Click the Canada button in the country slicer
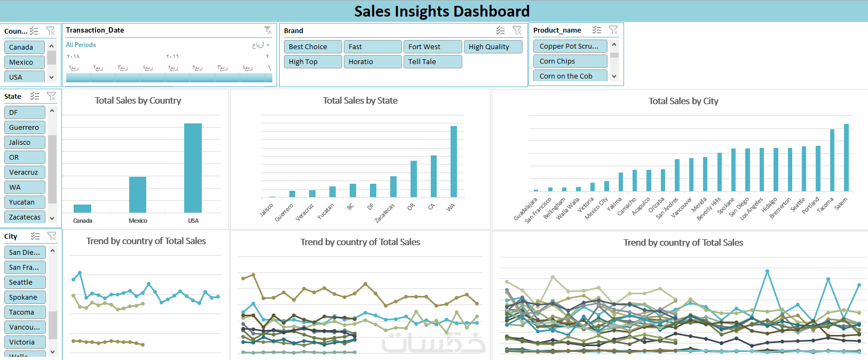coord(24,47)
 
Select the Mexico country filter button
coord(24,62)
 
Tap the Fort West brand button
coord(432,46)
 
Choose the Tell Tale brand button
coord(432,61)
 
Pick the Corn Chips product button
coord(570,61)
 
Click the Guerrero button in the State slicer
coord(25,127)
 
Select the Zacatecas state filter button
coord(25,217)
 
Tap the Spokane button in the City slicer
coord(25,297)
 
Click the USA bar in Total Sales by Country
coord(193,168)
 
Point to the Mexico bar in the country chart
coord(138,194)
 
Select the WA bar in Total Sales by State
coord(454,161)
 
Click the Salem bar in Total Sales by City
coord(846,158)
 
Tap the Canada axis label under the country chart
coord(83,221)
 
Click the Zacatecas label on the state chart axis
coord(385,213)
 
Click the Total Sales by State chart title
coord(360,100)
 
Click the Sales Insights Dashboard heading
coord(441,11)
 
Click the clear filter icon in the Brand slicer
coord(517,30)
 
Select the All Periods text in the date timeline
coord(81,45)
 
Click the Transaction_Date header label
coord(95,30)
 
